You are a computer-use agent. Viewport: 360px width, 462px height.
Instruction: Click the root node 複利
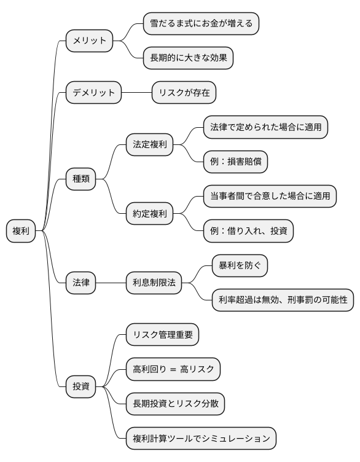point(21,231)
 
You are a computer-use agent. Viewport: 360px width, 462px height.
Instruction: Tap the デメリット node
point(93,93)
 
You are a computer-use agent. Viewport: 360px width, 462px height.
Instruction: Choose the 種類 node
point(80,179)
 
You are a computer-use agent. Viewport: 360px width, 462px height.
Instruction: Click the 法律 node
point(80,283)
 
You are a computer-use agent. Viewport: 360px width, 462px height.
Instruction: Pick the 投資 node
point(80,387)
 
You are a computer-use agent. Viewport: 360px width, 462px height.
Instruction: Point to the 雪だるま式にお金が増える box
point(201,24)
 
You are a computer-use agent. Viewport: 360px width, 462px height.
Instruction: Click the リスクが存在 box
point(184,93)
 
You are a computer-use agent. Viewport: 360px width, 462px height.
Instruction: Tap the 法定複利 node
point(149,145)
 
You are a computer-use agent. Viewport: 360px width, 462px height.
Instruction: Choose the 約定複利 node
point(149,214)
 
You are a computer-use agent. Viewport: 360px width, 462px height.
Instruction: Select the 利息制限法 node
point(153,283)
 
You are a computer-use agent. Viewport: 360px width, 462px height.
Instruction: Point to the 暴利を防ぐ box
point(240,266)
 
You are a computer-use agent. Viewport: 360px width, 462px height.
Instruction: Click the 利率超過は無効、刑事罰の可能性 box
point(283,300)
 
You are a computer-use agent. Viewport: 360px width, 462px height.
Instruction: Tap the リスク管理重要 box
point(162,335)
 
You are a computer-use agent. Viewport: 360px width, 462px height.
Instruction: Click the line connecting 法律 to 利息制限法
point(111,283)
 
